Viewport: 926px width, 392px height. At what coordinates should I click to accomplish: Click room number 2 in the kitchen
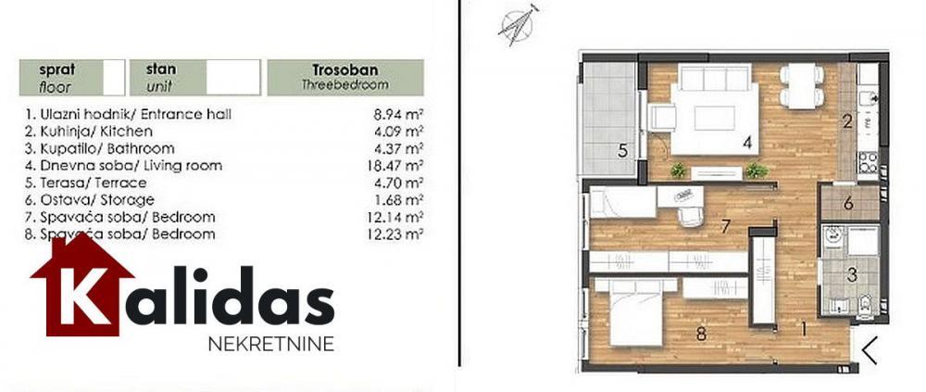point(846,120)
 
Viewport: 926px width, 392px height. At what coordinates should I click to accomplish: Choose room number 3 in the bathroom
point(851,273)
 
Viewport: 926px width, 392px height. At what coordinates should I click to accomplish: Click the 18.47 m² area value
point(404,165)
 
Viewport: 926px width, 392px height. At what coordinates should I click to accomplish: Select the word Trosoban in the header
point(344,70)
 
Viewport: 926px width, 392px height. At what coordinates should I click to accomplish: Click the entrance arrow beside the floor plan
point(870,348)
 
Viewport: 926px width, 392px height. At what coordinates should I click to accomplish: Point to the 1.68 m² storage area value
point(404,199)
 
